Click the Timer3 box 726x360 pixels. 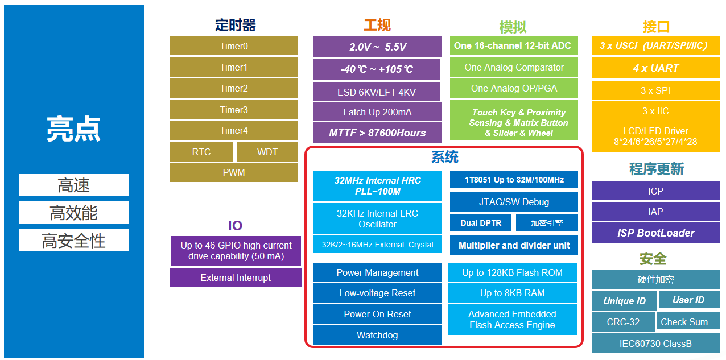click(234, 110)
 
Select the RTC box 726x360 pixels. click(201, 152)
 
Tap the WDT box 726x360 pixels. click(267, 152)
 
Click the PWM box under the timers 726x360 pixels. click(234, 172)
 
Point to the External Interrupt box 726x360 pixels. click(236, 278)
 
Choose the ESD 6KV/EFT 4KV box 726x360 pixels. click(377, 92)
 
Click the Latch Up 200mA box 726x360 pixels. click(377, 112)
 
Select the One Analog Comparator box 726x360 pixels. click(514, 67)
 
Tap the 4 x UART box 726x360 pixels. click(655, 68)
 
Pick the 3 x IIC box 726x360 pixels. click(655, 111)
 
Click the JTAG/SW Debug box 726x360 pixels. click(514, 202)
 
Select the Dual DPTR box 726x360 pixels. click(481, 223)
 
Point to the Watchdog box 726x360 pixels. click(377, 335)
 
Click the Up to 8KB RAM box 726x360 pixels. click(512, 293)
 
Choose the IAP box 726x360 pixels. click(655, 212)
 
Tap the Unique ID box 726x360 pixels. click(624, 301)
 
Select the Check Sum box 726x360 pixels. click(684, 322)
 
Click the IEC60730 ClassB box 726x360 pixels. click(655, 344)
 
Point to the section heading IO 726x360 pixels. click(235, 225)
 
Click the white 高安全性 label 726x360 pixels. click(74, 241)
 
